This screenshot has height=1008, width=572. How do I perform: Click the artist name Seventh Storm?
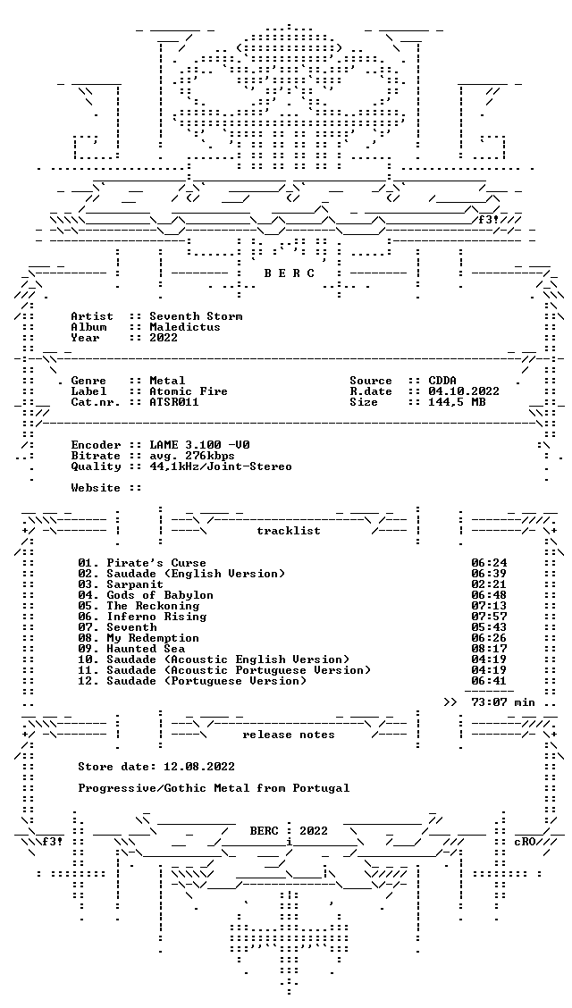196,316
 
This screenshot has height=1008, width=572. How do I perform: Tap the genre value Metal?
167,381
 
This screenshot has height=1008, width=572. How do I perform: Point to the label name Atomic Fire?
189,391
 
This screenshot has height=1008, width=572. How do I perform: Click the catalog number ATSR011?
174,402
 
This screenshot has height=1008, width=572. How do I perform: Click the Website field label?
96,488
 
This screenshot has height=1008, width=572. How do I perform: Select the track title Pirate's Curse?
156,563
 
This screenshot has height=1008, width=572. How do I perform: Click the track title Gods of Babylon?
160,595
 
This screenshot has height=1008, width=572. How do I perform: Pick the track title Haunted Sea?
146,649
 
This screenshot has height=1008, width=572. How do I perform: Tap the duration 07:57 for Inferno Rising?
489,617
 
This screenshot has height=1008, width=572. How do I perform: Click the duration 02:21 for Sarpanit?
489,584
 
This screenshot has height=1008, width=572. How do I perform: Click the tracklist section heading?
289,531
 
